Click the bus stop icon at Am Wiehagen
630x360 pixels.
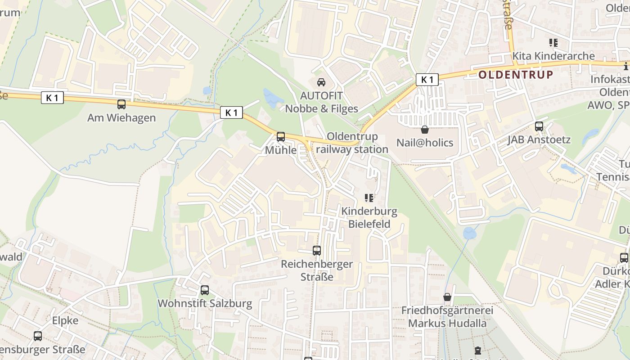(121, 104)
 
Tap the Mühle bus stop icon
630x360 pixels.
(281, 136)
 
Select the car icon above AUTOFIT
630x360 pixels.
(321, 82)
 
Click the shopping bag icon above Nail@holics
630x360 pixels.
(424, 130)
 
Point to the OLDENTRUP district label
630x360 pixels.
(516, 75)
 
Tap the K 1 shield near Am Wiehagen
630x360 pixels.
(52, 97)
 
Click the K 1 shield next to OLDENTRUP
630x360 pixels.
(427, 80)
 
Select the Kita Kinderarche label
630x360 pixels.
(553, 56)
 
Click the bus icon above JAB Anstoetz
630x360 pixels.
(539, 126)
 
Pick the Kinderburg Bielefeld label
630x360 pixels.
(369, 217)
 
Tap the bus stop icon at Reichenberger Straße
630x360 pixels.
(317, 251)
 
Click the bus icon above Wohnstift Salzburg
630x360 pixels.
(205, 290)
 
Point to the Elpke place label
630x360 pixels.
(65, 321)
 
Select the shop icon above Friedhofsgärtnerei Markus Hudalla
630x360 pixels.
(447, 297)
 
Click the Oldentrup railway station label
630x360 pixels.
(352, 143)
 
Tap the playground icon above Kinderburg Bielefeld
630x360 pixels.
(369, 198)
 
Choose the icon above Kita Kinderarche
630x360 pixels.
(553, 43)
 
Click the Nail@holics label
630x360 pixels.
(424, 143)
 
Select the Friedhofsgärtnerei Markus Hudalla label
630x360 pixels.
(447, 317)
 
